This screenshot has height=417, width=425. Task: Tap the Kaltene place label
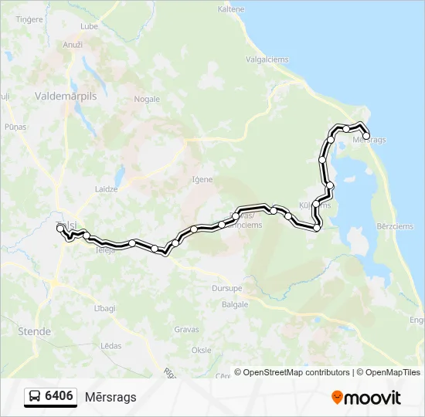click(231, 10)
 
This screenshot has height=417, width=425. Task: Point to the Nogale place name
click(147, 99)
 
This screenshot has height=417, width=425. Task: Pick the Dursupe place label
click(227, 288)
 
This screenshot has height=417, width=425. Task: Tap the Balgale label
click(235, 304)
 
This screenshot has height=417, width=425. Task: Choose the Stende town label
click(34, 331)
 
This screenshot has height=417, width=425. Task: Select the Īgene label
click(202, 179)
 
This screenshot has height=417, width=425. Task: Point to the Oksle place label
click(201, 350)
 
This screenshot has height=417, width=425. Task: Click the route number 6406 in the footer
click(59, 396)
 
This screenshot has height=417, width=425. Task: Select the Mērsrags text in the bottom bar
click(111, 397)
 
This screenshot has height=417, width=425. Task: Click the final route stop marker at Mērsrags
click(366, 137)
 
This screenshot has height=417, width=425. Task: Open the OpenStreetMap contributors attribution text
click(294, 372)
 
